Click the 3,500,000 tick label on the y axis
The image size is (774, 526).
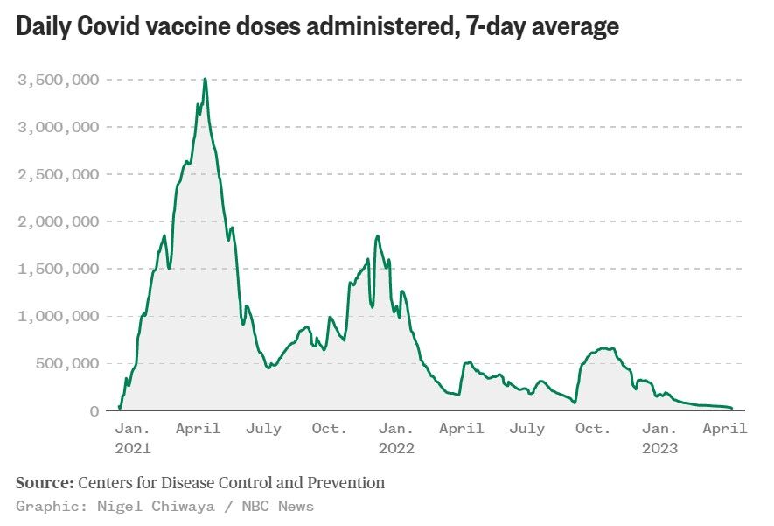(x=59, y=81)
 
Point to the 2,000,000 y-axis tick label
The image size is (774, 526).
(x=59, y=222)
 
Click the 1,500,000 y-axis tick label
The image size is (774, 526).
(x=59, y=270)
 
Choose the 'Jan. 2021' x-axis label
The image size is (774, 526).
(x=133, y=438)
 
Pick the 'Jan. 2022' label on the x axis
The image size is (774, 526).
(x=396, y=438)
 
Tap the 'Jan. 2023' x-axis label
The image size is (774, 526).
(x=659, y=438)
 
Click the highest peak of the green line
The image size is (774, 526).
(x=205, y=79)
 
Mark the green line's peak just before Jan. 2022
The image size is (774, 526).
(x=377, y=236)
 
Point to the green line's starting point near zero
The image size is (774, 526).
(x=120, y=408)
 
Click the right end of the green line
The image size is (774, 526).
(x=732, y=408)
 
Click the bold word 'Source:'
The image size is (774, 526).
(x=45, y=483)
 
